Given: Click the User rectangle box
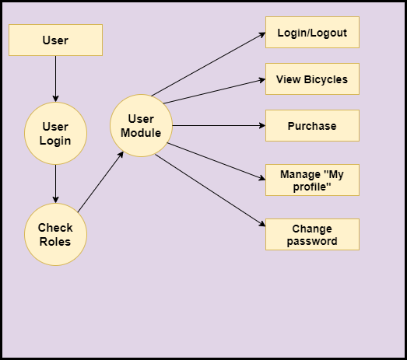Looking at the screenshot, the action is pos(55,40).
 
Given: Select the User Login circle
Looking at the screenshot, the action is pos(55,133).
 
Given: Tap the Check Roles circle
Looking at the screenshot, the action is pos(55,235).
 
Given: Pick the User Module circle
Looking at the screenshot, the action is pos(141,125).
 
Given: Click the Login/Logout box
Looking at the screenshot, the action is pos(312,32).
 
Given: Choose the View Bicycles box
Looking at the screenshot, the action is pos(312,79).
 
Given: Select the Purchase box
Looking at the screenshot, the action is pos(312,125).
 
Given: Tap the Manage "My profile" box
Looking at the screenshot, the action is pos(312,180).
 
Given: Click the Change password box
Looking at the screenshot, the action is pos(312,235).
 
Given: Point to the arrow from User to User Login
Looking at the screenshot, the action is pos(55,79).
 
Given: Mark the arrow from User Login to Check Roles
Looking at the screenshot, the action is pos(55,184).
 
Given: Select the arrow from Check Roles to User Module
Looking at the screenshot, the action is pos(100,182).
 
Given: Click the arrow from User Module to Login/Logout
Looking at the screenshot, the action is pos(209,64).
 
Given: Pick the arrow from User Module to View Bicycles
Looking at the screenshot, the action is pos(215,91).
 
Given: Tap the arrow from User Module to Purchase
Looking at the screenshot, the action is pos(219,125).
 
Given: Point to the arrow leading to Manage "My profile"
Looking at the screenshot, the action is pos(216,161).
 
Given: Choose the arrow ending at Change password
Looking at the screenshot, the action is pos(210,190).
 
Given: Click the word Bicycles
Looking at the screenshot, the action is pos(326,79).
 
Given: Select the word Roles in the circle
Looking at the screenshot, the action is pos(55,242).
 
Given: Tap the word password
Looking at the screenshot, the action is pos(312,242).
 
